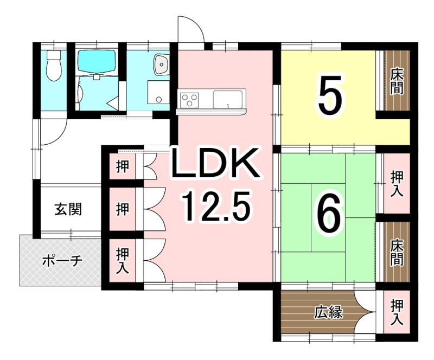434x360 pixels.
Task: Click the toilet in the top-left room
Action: point(54,65)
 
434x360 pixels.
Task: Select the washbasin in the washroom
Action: point(162,65)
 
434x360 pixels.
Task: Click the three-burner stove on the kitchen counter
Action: point(189,100)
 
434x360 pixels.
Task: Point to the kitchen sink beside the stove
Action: point(227,100)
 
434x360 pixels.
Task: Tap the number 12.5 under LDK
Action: point(215,206)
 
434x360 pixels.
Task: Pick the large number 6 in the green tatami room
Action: point(329,213)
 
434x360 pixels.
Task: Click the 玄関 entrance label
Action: point(68,209)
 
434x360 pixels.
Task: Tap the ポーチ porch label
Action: point(62,260)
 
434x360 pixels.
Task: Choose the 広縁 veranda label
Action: point(328,312)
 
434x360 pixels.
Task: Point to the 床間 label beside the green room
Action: point(397,252)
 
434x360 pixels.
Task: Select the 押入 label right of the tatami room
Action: point(397,184)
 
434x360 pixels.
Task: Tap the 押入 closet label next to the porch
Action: point(123,261)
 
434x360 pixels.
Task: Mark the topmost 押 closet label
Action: point(123,166)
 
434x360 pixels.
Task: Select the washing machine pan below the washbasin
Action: point(158,92)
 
